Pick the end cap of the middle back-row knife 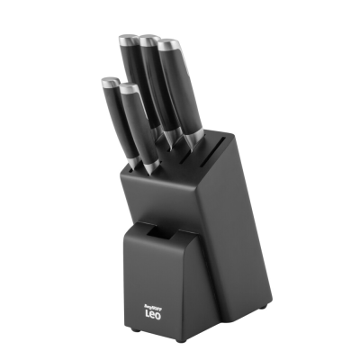click(148, 39)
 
